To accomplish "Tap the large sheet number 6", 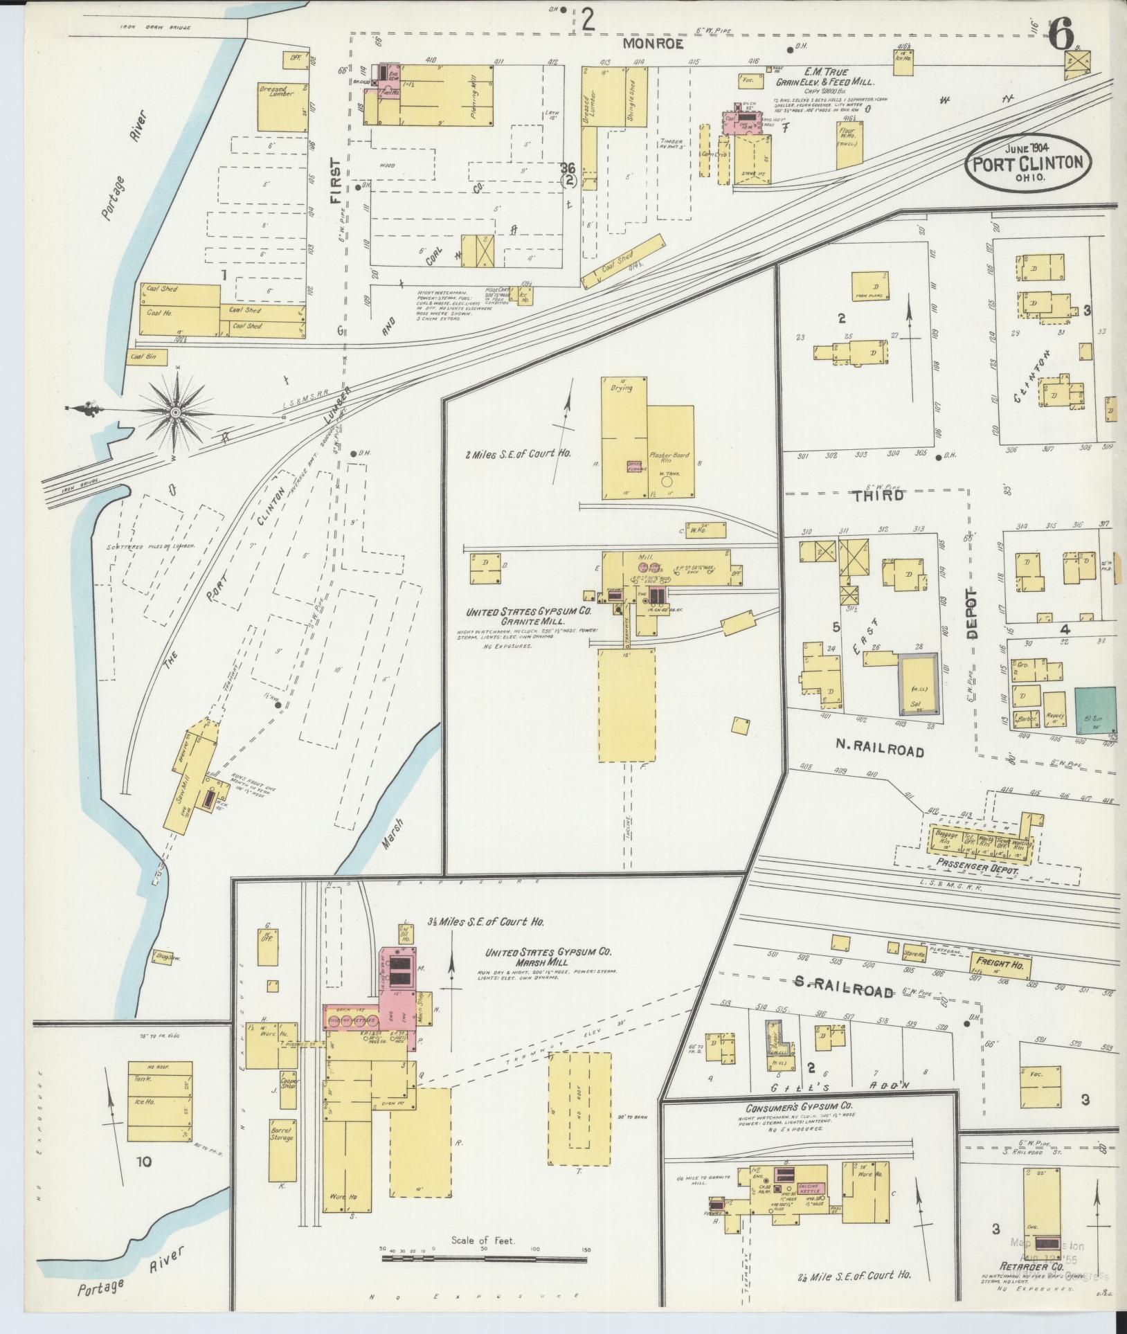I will click(x=1061, y=33).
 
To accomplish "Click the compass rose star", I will click(x=176, y=413).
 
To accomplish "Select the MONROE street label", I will click(x=653, y=44).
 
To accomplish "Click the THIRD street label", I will click(x=878, y=496).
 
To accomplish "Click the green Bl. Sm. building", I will click(x=1096, y=710).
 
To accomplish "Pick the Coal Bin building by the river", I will click(x=141, y=358).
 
